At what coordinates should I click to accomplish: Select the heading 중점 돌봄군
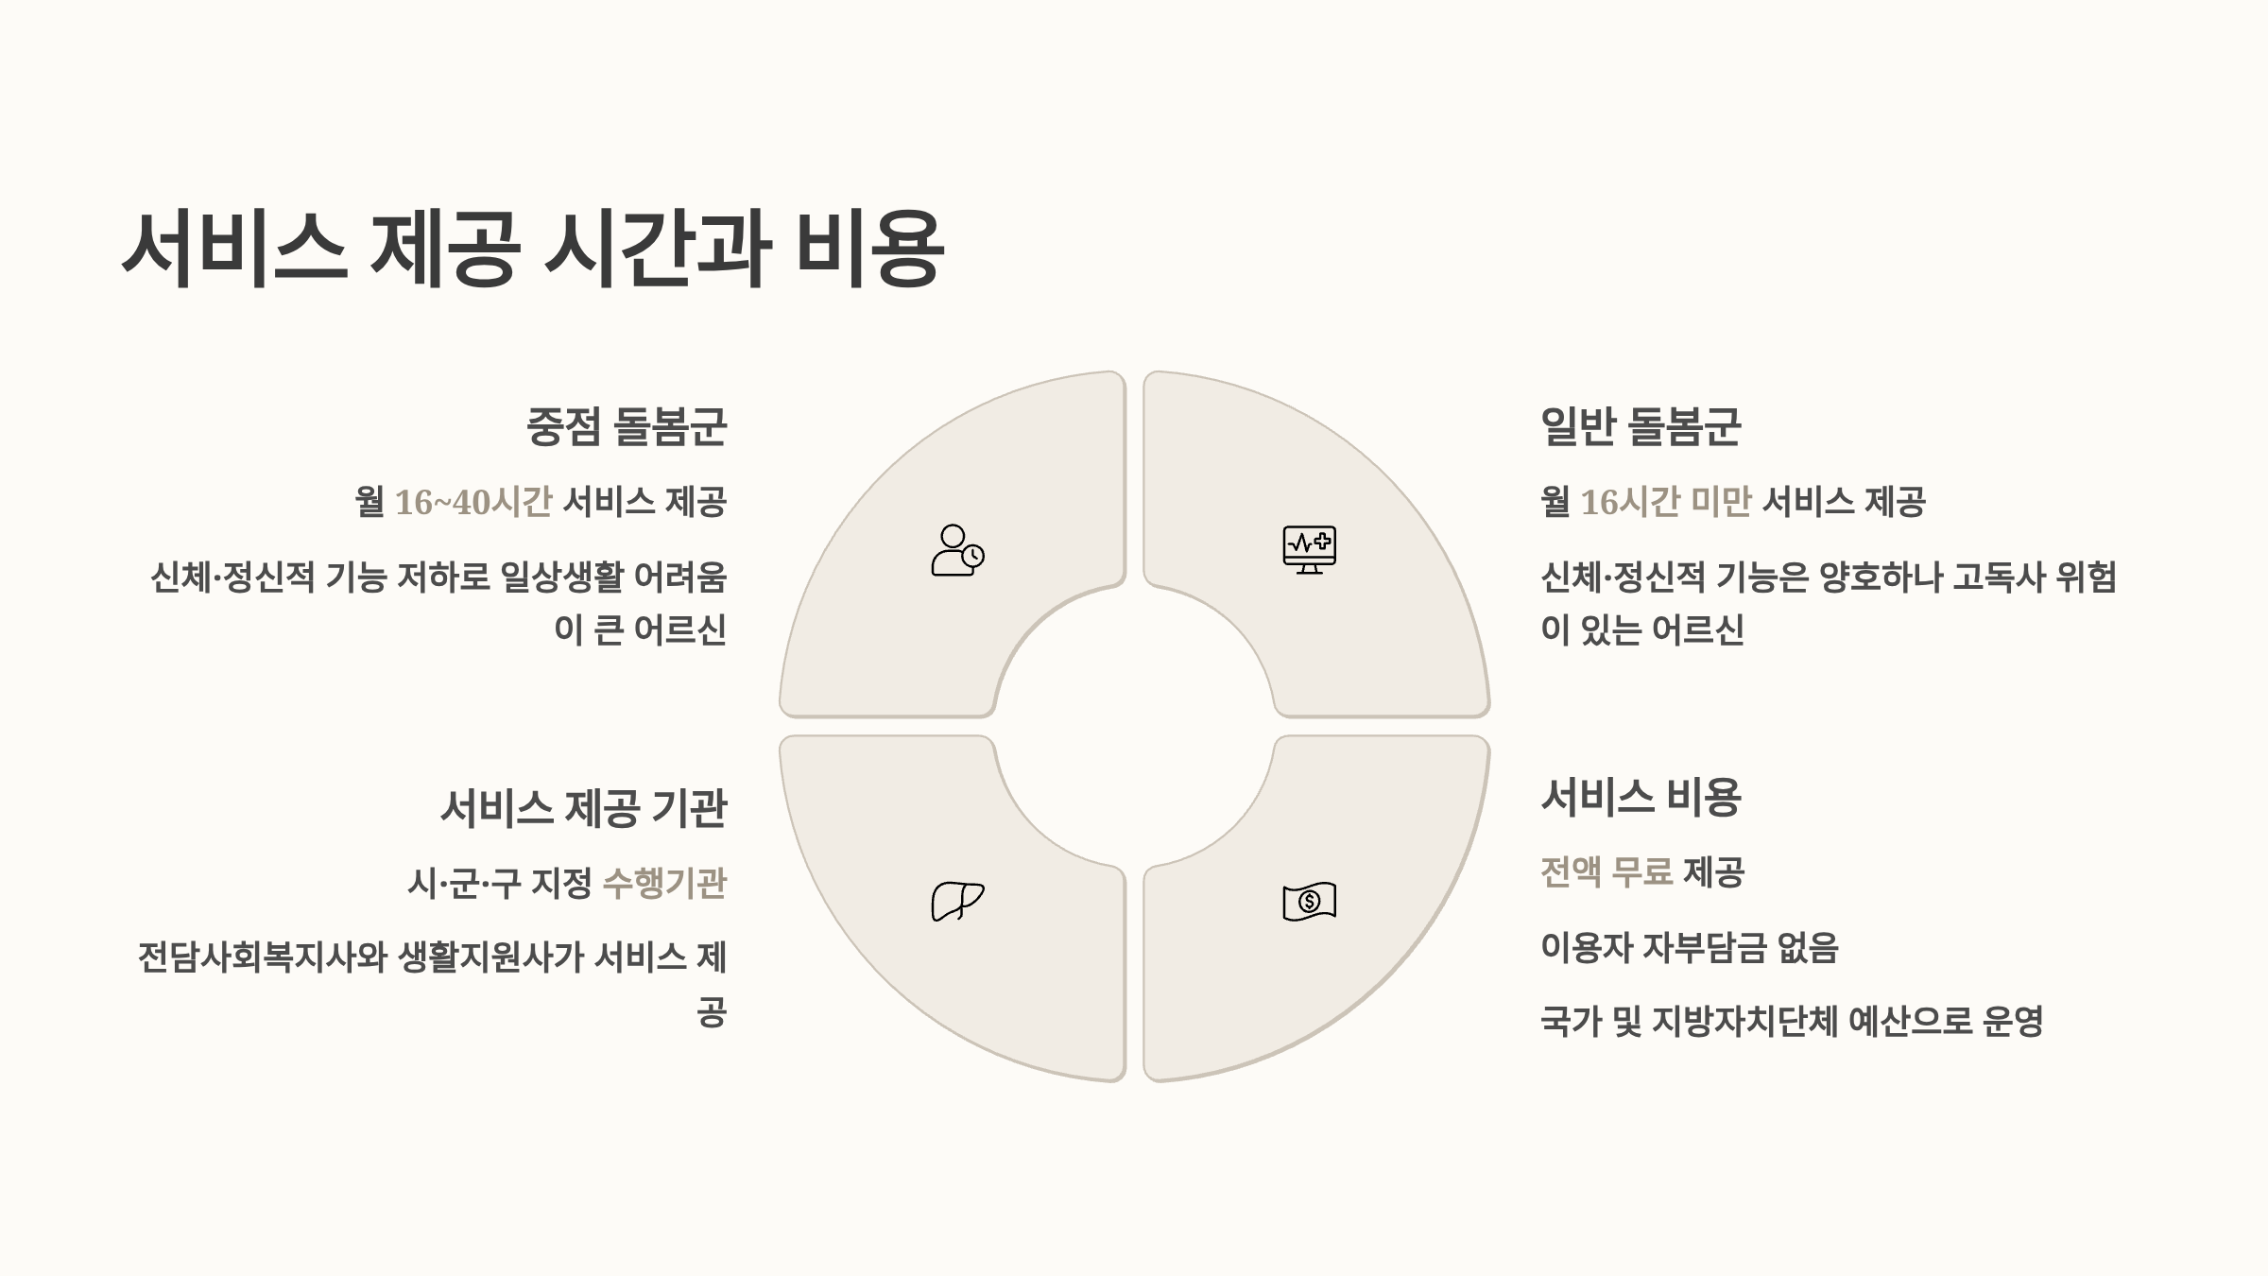point(627,426)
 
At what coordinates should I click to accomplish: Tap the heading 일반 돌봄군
point(1641,426)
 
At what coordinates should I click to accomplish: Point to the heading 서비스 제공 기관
point(583,809)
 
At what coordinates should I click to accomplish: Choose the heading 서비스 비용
point(1641,798)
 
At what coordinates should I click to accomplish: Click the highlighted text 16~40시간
point(472,502)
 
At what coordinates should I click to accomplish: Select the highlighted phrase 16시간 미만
point(1666,502)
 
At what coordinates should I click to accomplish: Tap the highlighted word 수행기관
point(664,884)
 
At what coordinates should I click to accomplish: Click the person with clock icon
point(957,551)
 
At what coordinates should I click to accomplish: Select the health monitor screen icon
point(1309,549)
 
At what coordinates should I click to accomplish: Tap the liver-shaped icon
point(957,901)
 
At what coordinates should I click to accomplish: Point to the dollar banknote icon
point(1309,901)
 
